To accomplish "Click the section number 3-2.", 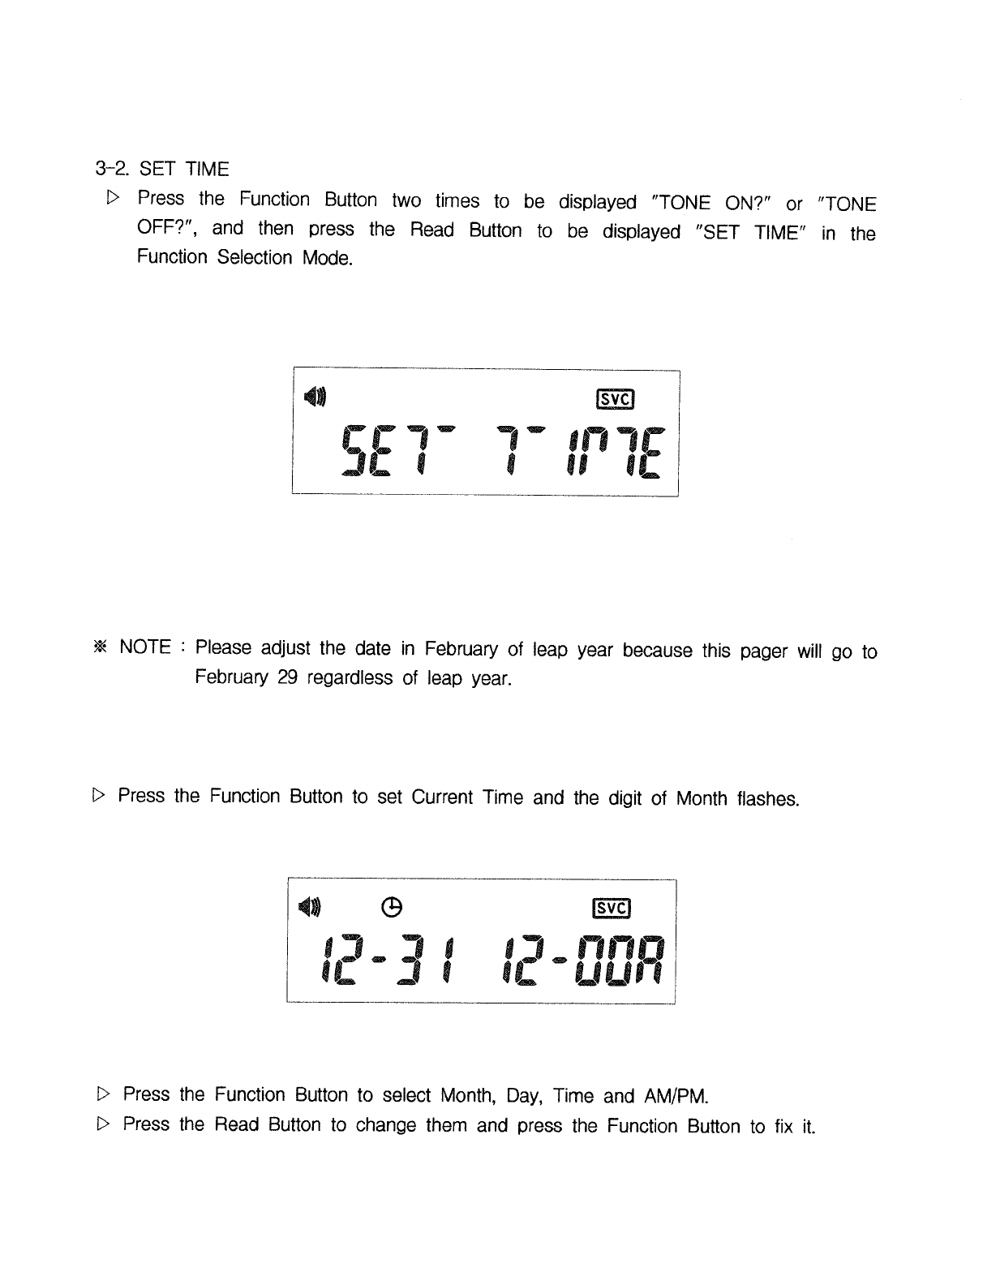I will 113,169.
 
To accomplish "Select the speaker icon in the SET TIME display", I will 316,396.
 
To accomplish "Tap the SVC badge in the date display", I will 613,908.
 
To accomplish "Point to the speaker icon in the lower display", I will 310,906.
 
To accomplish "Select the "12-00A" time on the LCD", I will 582,961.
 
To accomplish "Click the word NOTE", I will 145,647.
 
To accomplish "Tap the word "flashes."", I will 768,799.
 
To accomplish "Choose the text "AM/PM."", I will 676,1098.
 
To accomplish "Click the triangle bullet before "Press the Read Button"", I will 102,1124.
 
